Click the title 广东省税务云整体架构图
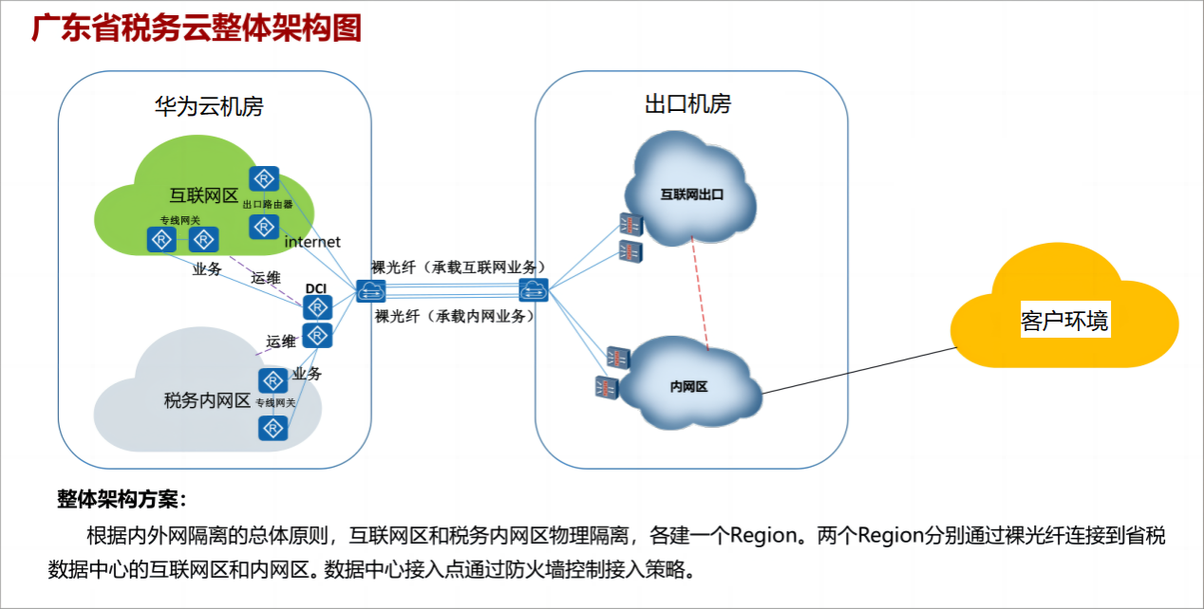pos(197,28)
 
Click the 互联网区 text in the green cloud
pos(203,195)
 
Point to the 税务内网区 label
pos(207,401)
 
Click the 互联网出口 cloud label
pos(692,195)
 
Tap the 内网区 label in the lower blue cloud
pos(689,386)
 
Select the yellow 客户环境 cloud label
pos(1063,321)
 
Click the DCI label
pos(316,288)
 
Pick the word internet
pos(312,243)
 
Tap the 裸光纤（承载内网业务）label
pos(454,316)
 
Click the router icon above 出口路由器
pos(264,178)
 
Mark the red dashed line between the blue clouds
pos(701,292)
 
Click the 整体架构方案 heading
pos(122,499)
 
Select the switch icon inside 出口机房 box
pos(535,290)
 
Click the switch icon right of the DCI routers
pos(368,291)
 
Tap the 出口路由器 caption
pos(266,204)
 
